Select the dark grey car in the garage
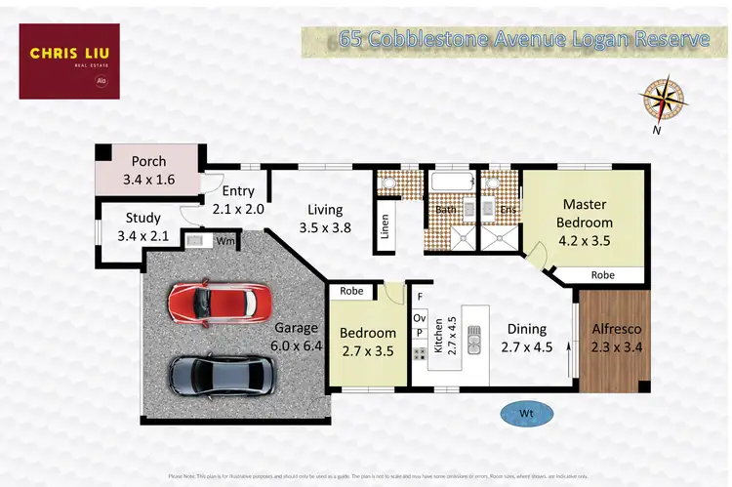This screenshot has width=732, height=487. click(x=223, y=374)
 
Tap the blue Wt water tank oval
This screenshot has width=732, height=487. click(x=525, y=413)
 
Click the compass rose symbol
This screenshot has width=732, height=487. click(x=663, y=99)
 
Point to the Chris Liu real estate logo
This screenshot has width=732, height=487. click(x=69, y=61)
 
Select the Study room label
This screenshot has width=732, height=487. click(x=142, y=226)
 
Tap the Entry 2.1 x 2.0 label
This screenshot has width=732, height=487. click(x=238, y=200)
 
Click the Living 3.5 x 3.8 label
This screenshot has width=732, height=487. click(x=325, y=219)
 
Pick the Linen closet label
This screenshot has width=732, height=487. click(x=385, y=225)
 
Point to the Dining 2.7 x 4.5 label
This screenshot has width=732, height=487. click(x=527, y=338)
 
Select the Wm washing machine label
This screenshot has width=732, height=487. click(x=224, y=240)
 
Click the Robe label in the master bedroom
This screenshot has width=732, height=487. click(x=603, y=275)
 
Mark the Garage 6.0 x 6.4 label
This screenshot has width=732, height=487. click(x=297, y=337)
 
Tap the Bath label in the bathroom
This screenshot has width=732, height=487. click(x=446, y=209)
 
